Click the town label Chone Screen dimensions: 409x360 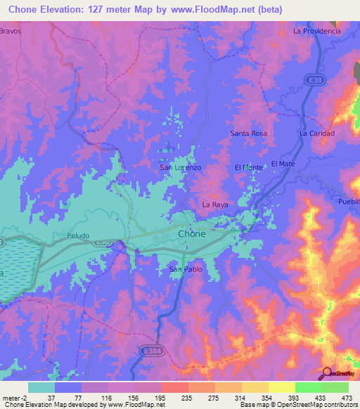pyautogui.click(x=192, y=234)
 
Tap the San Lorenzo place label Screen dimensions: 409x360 pyautogui.click(x=181, y=168)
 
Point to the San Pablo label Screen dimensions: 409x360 pyautogui.click(x=186, y=269)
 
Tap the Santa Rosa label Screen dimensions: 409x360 pyautogui.click(x=249, y=133)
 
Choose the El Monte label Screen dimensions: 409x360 pyautogui.click(x=248, y=167)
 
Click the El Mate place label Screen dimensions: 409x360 pyautogui.click(x=283, y=164)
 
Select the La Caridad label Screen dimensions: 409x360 pyautogui.click(x=316, y=133)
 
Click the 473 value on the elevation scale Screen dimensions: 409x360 pyautogui.click(x=335, y=398)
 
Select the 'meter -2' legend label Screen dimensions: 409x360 pyautogui.click(x=15, y=398)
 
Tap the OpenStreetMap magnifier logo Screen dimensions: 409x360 pyautogui.click(x=328, y=373)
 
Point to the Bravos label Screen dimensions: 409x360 pyautogui.click(x=11, y=32)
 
